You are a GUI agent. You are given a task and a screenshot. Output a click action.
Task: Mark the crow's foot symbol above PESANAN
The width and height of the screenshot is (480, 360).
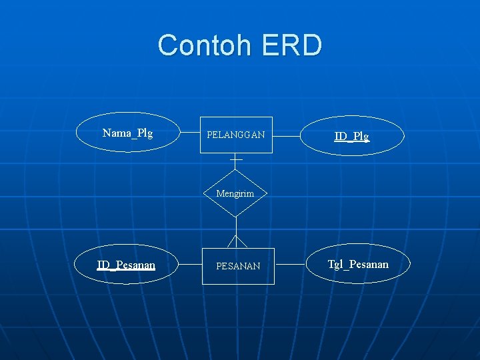237,241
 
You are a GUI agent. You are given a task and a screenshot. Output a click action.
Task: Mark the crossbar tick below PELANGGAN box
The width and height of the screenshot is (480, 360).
236,160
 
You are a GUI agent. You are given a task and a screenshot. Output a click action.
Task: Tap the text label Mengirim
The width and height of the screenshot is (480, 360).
235,194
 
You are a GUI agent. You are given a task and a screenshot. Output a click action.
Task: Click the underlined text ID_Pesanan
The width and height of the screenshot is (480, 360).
126,265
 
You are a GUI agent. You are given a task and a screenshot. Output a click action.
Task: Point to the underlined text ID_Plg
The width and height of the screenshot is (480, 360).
351,137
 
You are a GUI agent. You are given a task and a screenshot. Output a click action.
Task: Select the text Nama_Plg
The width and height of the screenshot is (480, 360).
128,133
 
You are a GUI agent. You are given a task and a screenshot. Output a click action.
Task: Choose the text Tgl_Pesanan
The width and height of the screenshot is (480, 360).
358,265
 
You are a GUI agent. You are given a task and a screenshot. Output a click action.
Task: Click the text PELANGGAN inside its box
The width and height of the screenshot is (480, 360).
236,135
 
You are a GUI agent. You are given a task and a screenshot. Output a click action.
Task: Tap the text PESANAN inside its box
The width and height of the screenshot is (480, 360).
238,266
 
